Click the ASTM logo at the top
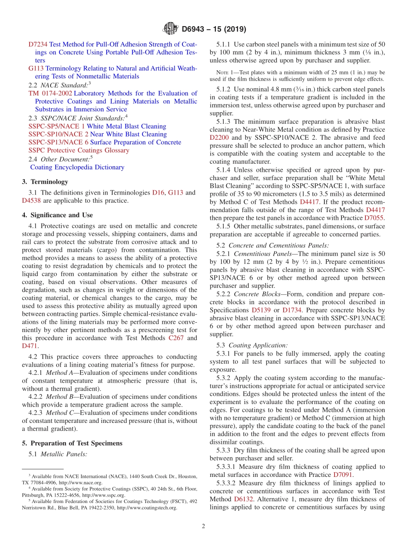tap(171, 29)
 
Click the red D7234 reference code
tap(38, 44)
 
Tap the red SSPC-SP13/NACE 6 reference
tap(58, 142)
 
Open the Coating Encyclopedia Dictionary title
tap(77, 167)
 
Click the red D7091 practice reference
tap(344, 474)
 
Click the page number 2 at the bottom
tap(203, 526)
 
